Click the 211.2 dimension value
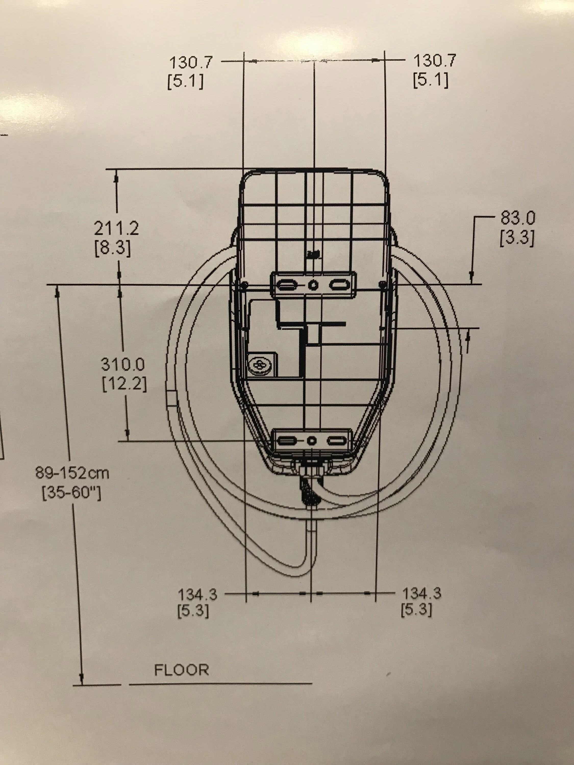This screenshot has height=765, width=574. point(116,228)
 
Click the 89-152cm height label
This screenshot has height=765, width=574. point(72,473)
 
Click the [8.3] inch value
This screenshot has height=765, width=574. point(113,249)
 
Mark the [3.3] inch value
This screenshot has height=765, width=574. point(517,238)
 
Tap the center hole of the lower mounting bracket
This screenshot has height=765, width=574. point(312,441)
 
